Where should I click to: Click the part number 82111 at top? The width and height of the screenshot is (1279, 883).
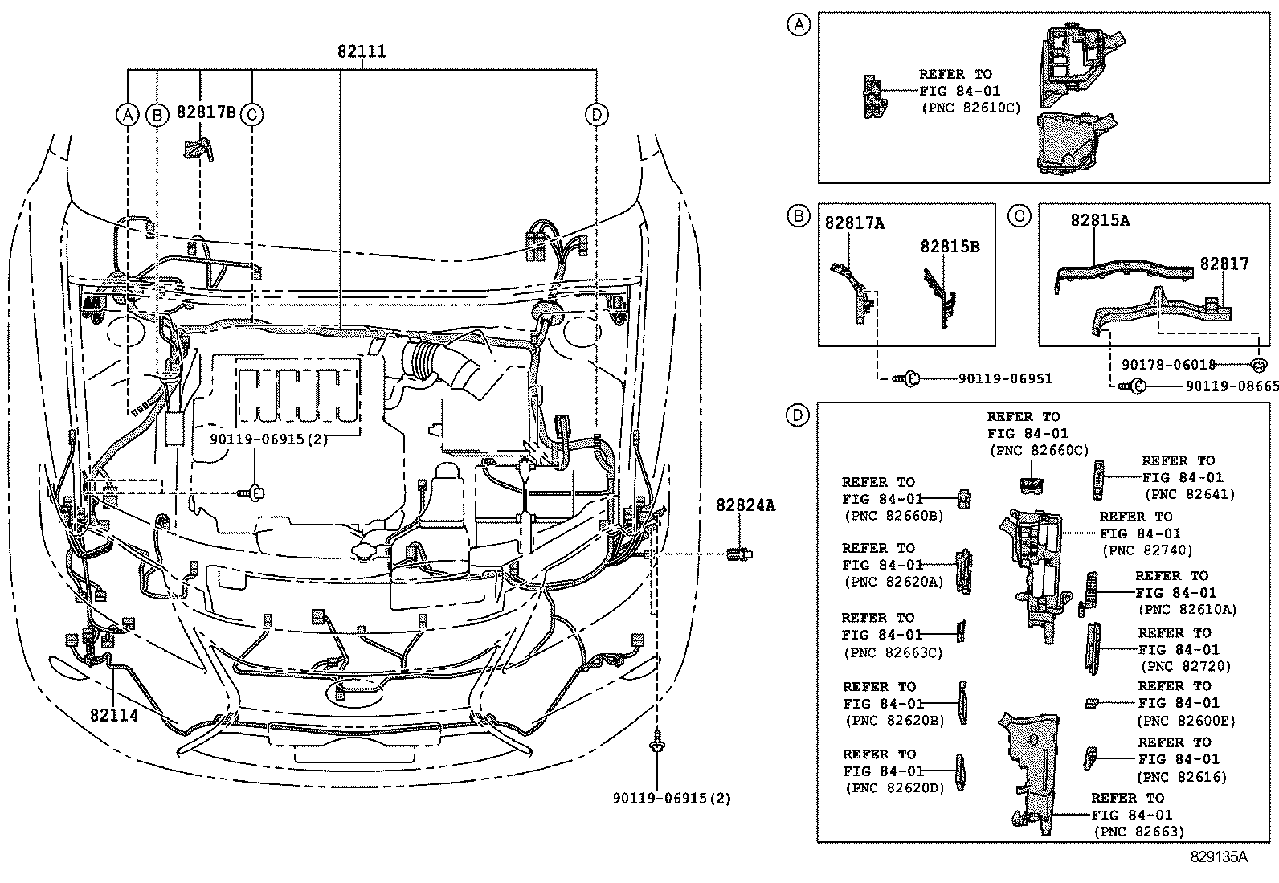click(362, 51)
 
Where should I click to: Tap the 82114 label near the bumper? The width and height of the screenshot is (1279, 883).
click(114, 714)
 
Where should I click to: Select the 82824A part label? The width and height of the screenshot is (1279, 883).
click(746, 505)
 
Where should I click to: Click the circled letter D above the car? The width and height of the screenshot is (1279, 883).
click(595, 115)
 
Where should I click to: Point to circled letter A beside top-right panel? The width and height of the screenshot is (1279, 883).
click(798, 25)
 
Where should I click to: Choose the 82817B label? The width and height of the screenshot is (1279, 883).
click(206, 112)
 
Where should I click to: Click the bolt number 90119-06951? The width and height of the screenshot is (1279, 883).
click(1005, 378)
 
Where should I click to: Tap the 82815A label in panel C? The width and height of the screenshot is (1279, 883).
click(1100, 220)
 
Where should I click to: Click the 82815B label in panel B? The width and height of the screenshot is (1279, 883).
click(950, 247)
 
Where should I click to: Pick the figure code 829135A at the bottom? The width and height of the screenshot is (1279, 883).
click(1219, 856)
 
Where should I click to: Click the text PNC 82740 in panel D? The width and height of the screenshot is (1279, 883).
click(1147, 550)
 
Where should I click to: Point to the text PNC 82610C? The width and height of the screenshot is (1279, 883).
click(970, 108)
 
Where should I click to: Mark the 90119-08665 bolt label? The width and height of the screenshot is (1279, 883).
click(1232, 386)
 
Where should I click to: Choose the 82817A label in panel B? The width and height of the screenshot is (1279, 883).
click(854, 223)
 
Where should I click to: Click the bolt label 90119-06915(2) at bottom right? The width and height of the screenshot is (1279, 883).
click(672, 799)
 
